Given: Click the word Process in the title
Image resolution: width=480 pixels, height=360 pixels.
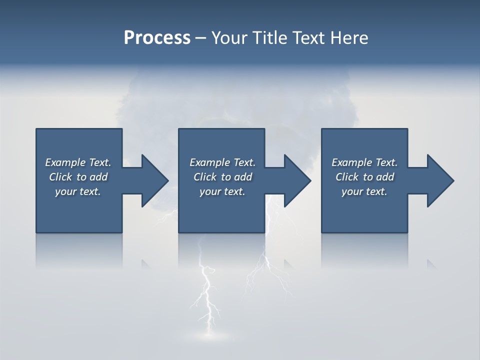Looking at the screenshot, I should pos(157,38).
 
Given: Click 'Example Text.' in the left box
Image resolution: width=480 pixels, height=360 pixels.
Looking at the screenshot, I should pos(78,162).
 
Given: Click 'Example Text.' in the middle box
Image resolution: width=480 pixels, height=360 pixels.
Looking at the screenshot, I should pos(222,162).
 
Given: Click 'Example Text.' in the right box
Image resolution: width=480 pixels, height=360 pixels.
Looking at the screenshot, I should pos(364,162).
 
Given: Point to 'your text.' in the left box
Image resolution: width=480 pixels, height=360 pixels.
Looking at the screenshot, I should pos(78,191).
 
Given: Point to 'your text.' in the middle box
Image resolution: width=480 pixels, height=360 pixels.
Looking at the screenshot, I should pos(222,191).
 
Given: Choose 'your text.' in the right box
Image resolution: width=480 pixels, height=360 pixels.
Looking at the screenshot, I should pos(364,191).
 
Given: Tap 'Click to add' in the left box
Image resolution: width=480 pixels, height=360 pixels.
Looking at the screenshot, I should pos(78,177).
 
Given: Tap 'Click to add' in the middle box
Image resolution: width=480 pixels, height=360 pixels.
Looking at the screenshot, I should pos(222,177).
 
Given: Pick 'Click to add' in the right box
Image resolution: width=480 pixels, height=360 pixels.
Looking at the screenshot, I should pos(364,177).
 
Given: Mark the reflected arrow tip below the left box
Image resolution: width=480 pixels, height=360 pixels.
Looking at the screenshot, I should pos(146,263).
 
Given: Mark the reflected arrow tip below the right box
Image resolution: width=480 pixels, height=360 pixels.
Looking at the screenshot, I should pos(431,263).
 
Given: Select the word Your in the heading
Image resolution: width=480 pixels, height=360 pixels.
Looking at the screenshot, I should pos(228,38).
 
